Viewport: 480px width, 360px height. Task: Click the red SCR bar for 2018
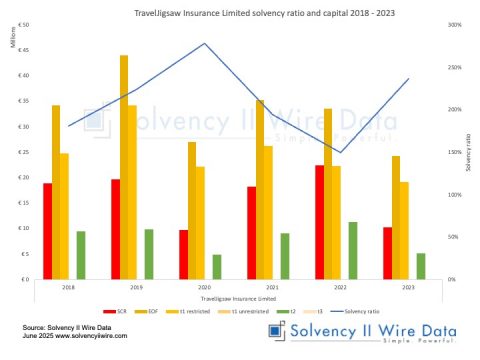[48, 231]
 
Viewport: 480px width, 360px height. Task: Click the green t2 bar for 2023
[421, 266]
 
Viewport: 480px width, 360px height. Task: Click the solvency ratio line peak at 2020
[204, 44]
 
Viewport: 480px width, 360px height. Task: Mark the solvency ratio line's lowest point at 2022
[341, 152]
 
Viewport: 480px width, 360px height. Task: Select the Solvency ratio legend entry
[354, 312]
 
